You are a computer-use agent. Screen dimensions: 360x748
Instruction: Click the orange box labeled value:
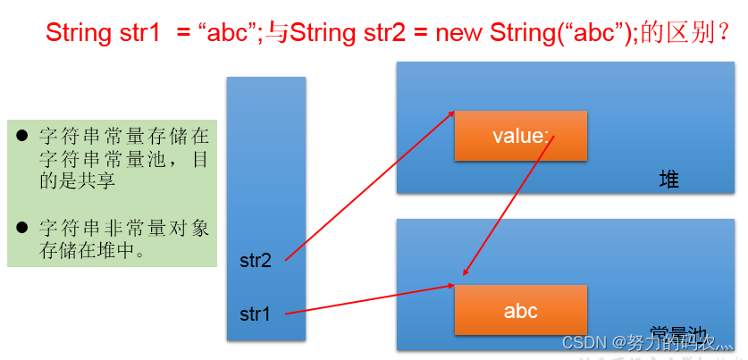[520, 136]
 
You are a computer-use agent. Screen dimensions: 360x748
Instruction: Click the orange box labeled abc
[520, 310]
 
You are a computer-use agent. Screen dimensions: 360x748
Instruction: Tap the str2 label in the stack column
[256, 261]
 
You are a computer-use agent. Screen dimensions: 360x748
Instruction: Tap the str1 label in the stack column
[256, 314]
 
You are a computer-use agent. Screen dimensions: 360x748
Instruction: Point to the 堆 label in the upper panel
[668, 180]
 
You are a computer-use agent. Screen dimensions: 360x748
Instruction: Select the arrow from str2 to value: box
[369, 186]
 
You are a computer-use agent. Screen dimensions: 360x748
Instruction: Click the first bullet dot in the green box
[22, 136]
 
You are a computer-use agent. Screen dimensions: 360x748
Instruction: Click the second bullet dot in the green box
[22, 229]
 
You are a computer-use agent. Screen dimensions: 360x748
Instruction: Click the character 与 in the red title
[276, 34]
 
